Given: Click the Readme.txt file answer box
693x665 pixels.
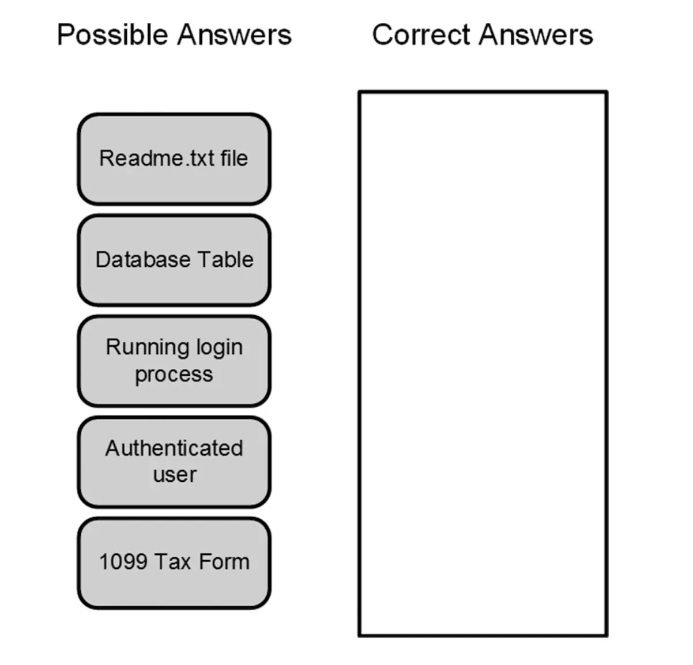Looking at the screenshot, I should tap(174, 159).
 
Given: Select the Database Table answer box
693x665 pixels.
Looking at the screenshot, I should tap(174, 260).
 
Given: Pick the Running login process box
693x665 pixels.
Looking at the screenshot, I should tap(174, 361).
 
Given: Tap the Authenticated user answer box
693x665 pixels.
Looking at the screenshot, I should tap(174, 462).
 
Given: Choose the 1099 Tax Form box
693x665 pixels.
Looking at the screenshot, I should tap(174, 563).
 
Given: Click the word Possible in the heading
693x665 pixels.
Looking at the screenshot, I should tap(114, 35).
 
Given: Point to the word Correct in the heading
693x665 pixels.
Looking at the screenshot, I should tap(421, 35).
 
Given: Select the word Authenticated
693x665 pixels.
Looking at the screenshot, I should tap(174, 448).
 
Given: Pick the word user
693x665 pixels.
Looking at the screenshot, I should tap(175, 475).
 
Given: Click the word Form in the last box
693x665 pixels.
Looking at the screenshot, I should tap(224, 562).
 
